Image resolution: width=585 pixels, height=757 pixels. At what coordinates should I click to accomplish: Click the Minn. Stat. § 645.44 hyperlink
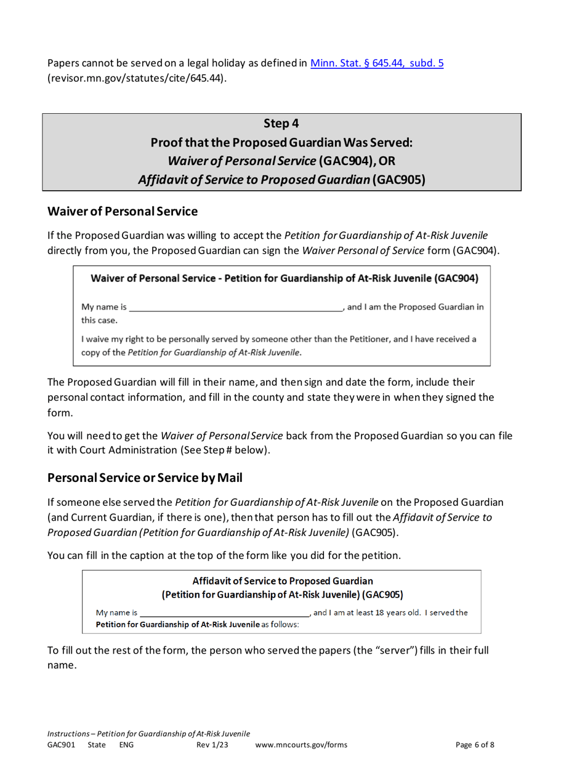pyautogui.click(x=377, y=63)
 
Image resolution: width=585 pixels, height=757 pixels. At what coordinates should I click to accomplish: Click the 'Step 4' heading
pyautogui.click(x=281, y=123)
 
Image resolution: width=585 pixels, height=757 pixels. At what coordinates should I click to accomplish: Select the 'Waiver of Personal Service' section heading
pyautogui.click(x=123, y=212)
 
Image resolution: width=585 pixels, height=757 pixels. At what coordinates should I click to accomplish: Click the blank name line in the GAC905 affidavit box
pyautogui.click(x=224, y=613)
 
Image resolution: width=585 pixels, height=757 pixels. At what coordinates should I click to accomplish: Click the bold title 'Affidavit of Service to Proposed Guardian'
pyautogui.click(x=282, y=581)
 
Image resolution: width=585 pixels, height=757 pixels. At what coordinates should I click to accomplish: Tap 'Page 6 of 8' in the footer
pyautogui.click(x=475, y=745)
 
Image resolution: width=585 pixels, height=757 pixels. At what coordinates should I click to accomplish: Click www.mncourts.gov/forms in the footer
pyautogui.click(x=301, y=745)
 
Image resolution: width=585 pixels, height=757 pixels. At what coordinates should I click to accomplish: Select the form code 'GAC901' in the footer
pyautogui.click(x=61, y=745)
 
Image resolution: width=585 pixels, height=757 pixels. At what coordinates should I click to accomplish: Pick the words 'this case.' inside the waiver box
pyautogui.click(x=100, y=320)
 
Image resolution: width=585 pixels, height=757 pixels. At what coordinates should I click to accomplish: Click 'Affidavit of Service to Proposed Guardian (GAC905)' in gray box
pyautogui.click(x=281, y=180)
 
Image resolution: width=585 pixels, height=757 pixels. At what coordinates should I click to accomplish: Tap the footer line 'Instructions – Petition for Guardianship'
pyautogui.click(x=148, y=734)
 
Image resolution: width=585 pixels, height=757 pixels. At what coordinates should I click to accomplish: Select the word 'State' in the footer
pyautogui.click(x=97, y=745)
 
